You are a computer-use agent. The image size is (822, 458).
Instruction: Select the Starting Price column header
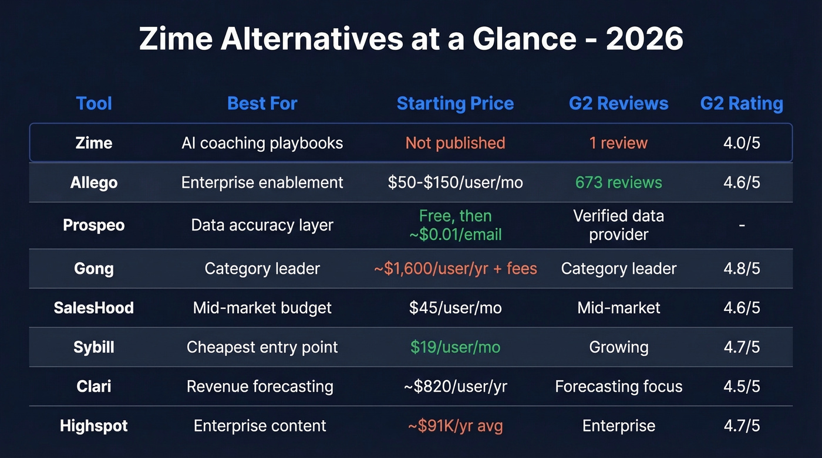coord(455,104)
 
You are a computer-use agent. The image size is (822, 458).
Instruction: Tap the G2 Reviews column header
coord(618,104)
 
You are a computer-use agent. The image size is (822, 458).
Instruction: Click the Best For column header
coord(262,104)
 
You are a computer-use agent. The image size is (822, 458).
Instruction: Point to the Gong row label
coord(94,269)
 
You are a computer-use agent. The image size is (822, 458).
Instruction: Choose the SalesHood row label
coord(94,308)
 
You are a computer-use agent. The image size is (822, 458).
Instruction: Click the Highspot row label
coord(94,426)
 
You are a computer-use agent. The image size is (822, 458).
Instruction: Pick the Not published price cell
coord(455,143)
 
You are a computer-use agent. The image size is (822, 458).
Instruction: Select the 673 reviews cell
coord(618,182)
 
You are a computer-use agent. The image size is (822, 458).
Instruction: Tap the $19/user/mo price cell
coord(455,347)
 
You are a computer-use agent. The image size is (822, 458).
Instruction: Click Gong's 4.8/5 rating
coord(742,269)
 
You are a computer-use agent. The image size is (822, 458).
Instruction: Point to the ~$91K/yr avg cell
coord(455,426)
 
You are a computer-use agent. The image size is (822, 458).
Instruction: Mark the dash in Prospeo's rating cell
coord(742,225)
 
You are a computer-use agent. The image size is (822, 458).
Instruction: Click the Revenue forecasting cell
coord(260,386)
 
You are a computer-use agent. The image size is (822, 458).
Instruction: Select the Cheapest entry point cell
coord(262,347)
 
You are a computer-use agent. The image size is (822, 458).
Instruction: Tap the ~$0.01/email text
coord(455,235)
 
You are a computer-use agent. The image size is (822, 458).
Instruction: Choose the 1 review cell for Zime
coord(618,143)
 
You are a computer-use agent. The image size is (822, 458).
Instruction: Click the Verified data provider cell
coord(618,225)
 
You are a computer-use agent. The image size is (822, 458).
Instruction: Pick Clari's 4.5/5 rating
coord(742,386)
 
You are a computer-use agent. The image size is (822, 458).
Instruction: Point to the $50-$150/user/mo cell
coord(455,182)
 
